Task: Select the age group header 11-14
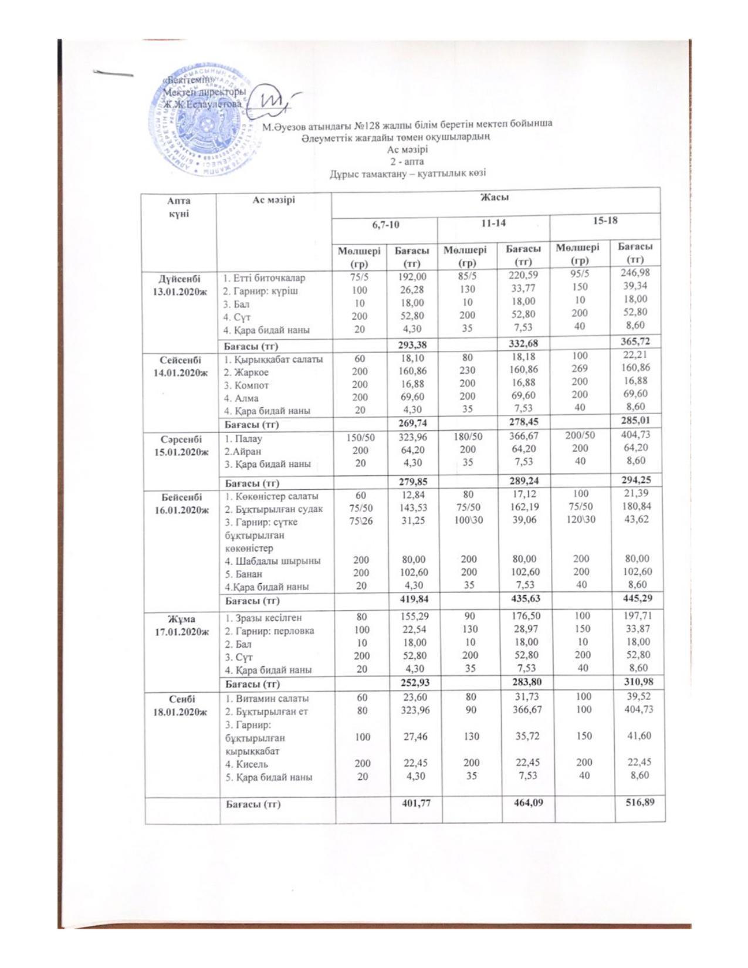[493, 224]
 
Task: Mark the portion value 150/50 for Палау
[360, 438]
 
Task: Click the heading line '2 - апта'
[407, 161]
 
